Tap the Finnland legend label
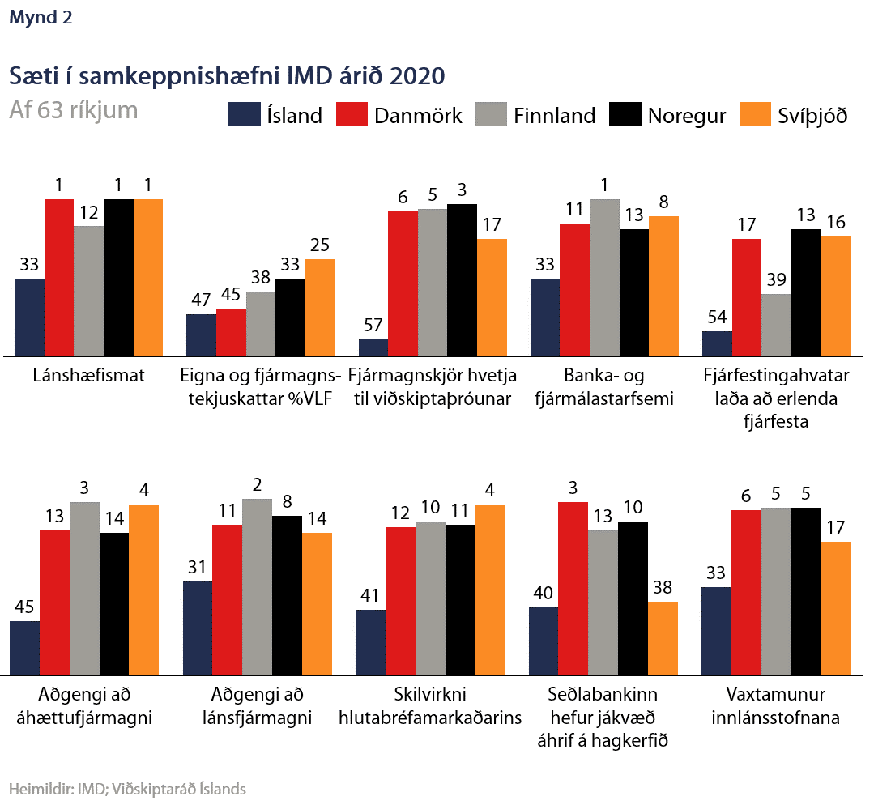click(x=554, y=116)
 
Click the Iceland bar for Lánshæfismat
click(x=30, y=317)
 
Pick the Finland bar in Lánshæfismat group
click(x=89, y=291)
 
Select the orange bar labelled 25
click(x=320, y=307)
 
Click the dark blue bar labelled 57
click(x=373, y=347)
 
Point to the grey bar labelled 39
click(x=777, y=324)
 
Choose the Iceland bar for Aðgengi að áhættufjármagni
click(x=25, y=648)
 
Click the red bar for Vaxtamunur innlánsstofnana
click(x=746, y=592)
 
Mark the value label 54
click(x=717, y=317)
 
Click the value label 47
click(x=201, y=300)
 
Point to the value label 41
click(x=370, y=595)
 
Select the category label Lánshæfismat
click(x=89, y=376)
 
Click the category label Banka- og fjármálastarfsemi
click(x=605, y=387)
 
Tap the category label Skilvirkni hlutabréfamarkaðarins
click(x=431, y=706)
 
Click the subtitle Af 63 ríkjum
click(x=73, y=110)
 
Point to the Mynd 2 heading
click(x=41, y=18)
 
